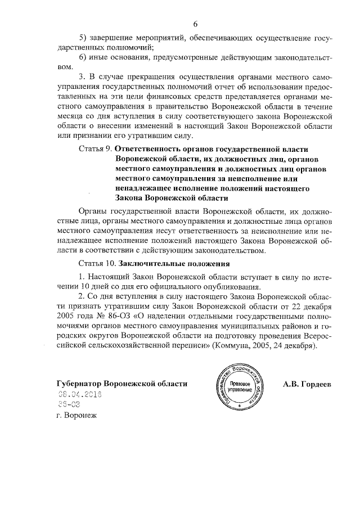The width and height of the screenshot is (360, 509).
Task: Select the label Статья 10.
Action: [x=96, y=263]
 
